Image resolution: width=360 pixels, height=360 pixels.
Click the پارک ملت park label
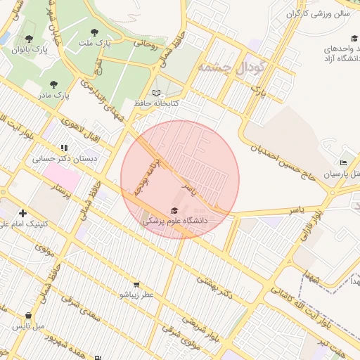99,44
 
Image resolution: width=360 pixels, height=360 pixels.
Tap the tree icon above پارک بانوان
29,39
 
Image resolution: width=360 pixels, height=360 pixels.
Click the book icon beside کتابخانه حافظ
156,93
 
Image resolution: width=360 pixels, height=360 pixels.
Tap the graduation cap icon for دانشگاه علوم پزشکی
174,210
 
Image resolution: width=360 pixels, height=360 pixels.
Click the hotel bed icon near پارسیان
343,162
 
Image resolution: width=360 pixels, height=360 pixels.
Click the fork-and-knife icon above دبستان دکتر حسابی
64,148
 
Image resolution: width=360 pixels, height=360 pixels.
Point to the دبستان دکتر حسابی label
64,159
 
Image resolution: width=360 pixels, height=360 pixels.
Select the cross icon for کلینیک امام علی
23,213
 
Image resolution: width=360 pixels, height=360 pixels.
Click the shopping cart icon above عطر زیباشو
136,285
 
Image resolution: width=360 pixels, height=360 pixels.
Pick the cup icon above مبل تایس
28,316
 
